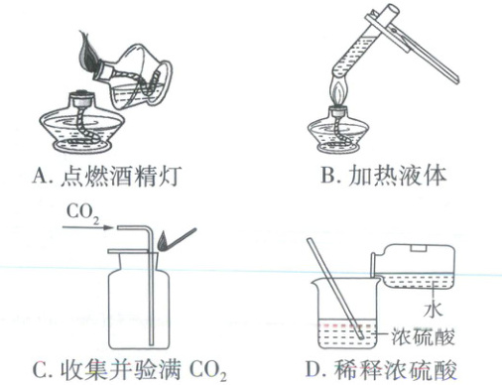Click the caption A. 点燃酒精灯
point(107,176)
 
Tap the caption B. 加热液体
point(384,175)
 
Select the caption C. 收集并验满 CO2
point(129,370)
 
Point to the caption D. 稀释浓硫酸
point(381,369)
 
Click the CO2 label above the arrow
point(83,212)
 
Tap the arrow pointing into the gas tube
point(87,227)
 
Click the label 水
point(433,310)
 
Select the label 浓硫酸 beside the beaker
point(423,336)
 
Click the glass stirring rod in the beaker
point(335,288)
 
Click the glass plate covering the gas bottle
point(132,251)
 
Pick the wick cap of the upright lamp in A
point(81,97)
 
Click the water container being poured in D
point(414,266)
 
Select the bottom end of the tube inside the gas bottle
point(151,344)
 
